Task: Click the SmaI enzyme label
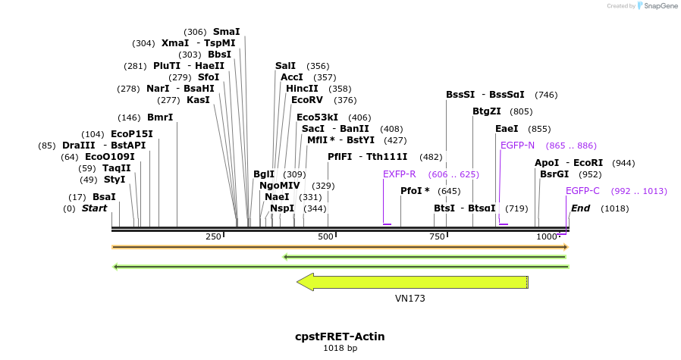(226, 32)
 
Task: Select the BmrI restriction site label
(159, 117)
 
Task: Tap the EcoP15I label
(121, 134)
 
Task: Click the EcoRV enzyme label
(307, 100)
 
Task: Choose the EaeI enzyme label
(507, 129)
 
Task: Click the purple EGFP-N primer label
(517, 146)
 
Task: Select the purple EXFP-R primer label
(399, 174)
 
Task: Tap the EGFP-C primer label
(582, 191)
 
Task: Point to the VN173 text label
(410, 299)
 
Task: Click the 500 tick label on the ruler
(326, 237)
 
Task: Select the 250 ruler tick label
(214, 237)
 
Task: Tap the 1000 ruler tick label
(547, 237)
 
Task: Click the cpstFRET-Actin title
(340, 336)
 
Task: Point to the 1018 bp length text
(340, 349)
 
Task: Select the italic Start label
(95, 208)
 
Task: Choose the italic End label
(580, 208)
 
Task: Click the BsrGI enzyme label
(554, 174)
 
